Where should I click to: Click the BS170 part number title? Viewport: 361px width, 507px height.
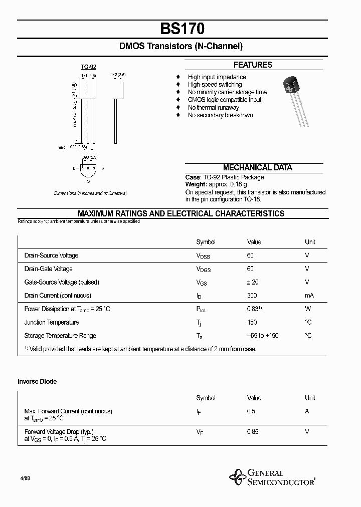181,29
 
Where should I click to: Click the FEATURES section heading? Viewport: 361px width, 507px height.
253,65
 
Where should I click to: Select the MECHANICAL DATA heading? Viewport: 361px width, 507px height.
257,168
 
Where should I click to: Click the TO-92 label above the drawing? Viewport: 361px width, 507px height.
89,67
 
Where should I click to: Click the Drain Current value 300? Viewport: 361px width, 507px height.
253,296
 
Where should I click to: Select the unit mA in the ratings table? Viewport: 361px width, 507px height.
309,296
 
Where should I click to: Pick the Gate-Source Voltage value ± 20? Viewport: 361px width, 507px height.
253,282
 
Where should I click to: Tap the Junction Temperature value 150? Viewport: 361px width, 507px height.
253,322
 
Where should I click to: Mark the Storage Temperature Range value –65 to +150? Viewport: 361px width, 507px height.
263,336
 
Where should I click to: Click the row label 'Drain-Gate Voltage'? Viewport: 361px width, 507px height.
48,269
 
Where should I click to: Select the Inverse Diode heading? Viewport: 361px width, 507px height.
37,382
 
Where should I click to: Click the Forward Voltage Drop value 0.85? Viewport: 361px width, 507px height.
253,431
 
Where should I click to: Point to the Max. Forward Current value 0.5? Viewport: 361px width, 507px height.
251,411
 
